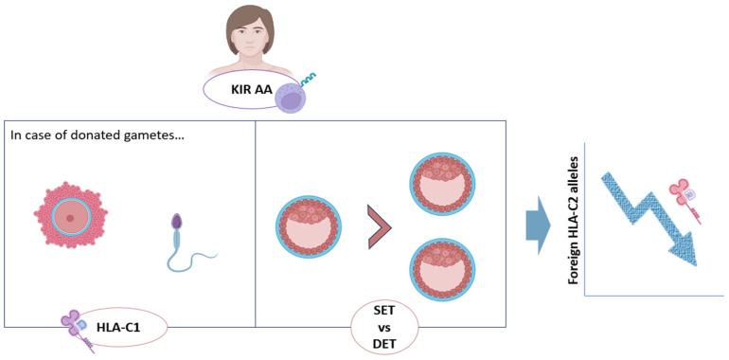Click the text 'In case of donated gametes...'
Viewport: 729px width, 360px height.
coord(97,135)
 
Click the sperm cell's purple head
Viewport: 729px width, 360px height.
coord(176,224)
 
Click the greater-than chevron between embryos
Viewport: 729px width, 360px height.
coord(380,234)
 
